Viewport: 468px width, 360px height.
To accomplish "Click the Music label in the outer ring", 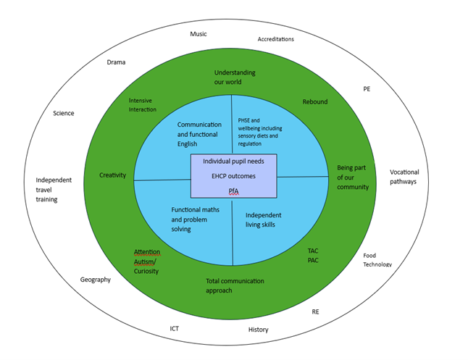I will click(x=199, y=34).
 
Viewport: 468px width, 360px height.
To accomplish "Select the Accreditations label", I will click(x=276, y=39).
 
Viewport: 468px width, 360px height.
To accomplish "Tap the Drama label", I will click(x=116, y=62).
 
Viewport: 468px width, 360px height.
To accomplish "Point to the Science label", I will click(x=63, y=113).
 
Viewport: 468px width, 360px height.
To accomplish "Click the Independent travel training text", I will click(x=57, y=190).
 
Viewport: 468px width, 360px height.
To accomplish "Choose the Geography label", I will click(x=95, y=280).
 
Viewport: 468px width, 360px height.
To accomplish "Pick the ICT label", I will click(x=175, y=328).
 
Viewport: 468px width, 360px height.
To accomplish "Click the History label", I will click(x=258, y=330).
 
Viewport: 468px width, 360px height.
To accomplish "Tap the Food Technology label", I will click(x=377, y=260).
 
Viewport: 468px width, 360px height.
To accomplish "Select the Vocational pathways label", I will click(x=404, y=177).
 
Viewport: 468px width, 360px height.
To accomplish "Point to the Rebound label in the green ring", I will click(x=315, y=102).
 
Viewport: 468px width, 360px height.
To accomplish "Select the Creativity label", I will click(x=113, y=175).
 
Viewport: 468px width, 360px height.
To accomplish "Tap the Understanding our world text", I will click(x=235, y=78).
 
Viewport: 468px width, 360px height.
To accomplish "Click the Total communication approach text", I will click(x=235, y=285).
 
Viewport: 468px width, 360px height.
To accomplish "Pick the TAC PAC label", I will click(x=313, y=255).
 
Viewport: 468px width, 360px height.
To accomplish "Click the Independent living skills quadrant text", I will click(x=264, y=219).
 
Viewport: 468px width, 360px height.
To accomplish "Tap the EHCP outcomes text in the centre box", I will click(x=233, y=176).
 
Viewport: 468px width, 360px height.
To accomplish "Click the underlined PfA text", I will click(x=233, y=191).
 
